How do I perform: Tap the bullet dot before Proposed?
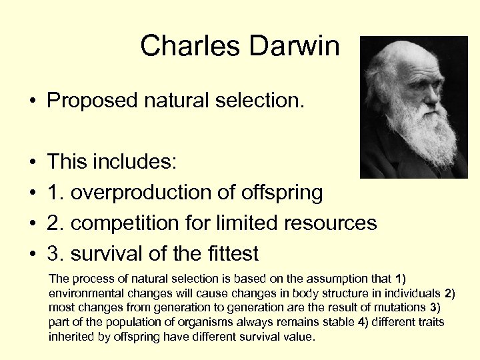tap(31, 101)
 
